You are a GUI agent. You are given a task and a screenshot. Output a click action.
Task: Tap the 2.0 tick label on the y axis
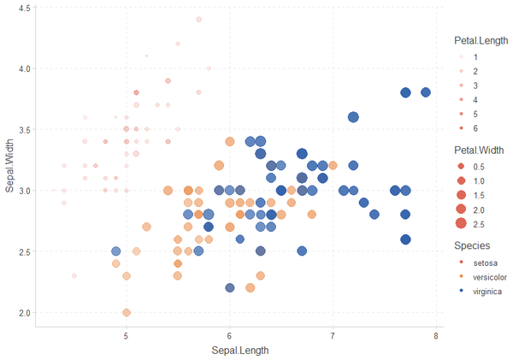click(x=26, y=313)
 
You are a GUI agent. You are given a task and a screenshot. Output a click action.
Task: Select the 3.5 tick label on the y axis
click(x=26, y=130)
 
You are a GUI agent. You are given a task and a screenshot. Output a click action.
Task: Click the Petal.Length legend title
click(x=482, y=39)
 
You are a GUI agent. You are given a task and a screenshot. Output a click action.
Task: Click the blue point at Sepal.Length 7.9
click(x=426, y=92)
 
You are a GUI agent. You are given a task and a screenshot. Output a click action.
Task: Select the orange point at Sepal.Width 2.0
click(x=127, y=313)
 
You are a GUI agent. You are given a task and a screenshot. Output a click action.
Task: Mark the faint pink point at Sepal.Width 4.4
click(x=198, y=20)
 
